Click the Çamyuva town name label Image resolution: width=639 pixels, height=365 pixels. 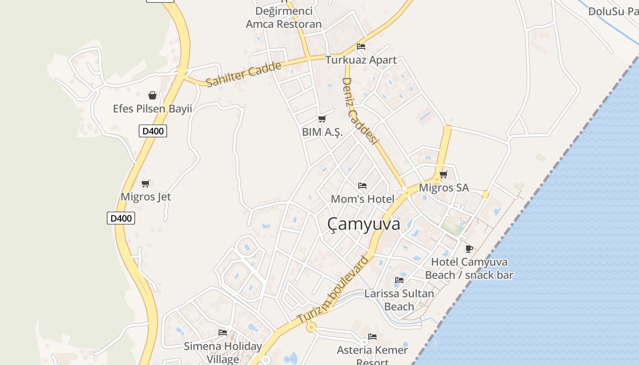click(x=364, y=224)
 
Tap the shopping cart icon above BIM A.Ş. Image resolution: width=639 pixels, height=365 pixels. click(x=322, y=119)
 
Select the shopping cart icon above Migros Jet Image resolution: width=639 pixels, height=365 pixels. click(x=146, y=183)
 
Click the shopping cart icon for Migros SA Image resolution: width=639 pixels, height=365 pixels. click(x=443, y=174)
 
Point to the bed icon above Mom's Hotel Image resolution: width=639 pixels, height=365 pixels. click(x=362, y=186)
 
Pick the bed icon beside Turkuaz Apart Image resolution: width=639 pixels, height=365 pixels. click(x=361, y=46)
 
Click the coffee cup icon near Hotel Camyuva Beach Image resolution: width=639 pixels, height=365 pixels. click(x=469, y=249)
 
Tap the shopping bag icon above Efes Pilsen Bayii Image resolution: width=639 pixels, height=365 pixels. click(x=152, y=95)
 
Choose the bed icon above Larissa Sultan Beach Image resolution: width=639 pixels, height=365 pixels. click(x=399, y=280)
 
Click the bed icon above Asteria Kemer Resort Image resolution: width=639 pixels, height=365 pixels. click(x=372, y=337)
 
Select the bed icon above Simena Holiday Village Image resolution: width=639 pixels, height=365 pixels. click(x=223, y=332)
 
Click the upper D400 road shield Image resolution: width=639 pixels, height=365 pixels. click(x=152, y=131)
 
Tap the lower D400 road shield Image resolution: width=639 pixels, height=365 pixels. click(x=121, y=218)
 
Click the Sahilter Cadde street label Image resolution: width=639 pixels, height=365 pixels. click(x=243, y=74)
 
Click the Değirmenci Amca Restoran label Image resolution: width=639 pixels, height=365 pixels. click(x=283, y=18)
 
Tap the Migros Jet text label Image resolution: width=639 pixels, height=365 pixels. click(x=146, y=197)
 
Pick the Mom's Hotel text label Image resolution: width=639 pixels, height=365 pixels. click(x=362, y=199)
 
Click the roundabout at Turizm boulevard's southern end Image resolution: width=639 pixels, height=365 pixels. click(x=311, y=327)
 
